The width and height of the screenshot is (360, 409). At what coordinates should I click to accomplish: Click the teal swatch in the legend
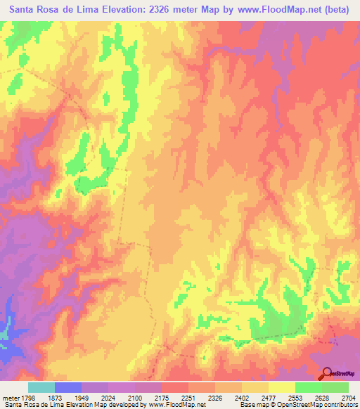(x=41, y=387)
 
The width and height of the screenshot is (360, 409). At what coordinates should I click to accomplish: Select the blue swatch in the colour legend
(x=68, y=387)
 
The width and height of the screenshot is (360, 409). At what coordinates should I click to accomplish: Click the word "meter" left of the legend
(x=10, y=398)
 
